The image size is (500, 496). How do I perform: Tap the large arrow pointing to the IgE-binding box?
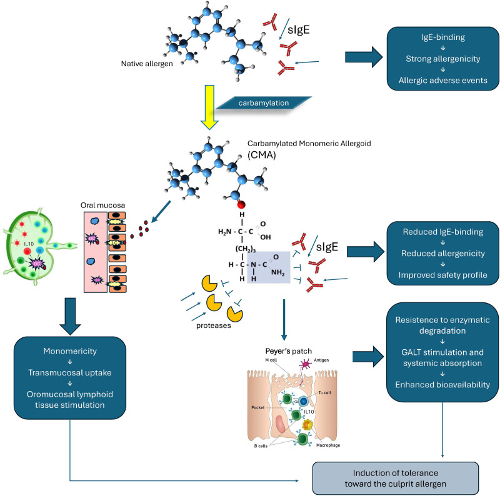point(365,58)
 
